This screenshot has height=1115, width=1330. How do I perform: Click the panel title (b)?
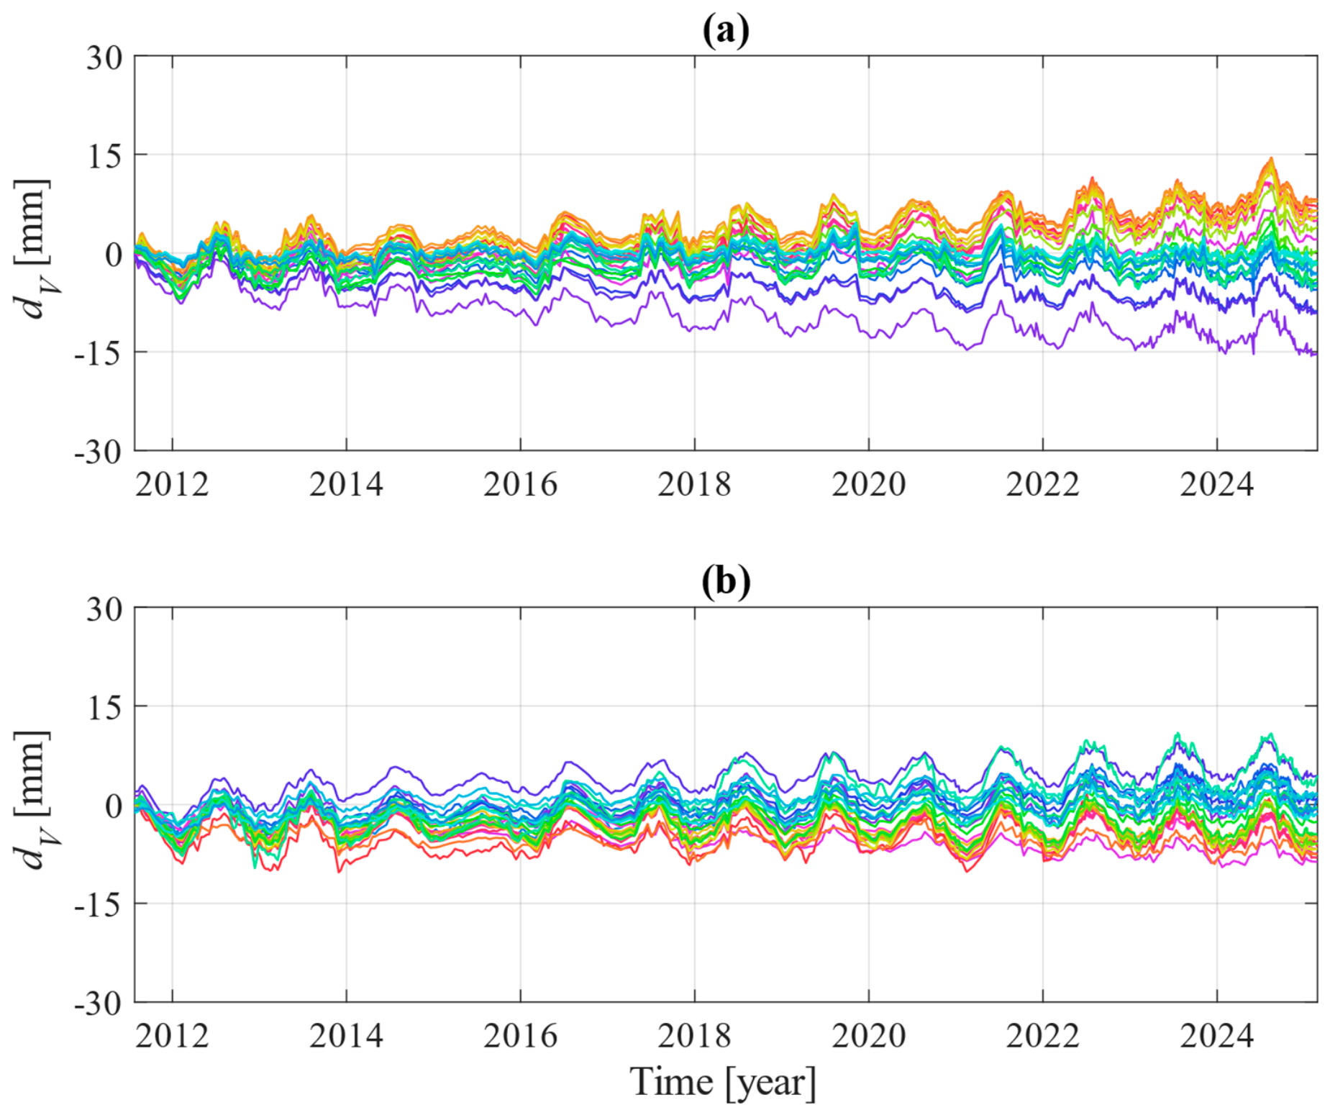(726, 581)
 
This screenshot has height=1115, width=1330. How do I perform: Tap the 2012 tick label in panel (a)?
(172, 484)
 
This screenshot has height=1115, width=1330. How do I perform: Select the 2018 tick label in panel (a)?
(695, 484)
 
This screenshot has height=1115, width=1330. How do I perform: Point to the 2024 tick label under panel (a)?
(1217, 484)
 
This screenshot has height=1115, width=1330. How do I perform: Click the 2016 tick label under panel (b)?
(521, 1036)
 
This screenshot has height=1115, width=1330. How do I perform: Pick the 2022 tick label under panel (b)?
(1043, 1036)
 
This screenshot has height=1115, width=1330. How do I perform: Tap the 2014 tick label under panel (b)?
(346, 1036)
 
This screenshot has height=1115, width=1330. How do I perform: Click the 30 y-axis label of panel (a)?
(105, 58)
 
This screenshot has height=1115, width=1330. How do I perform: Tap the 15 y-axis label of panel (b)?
(105, 708)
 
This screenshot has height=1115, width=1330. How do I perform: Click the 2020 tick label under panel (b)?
(869, 1036)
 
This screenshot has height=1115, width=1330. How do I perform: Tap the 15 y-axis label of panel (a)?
(105, 156)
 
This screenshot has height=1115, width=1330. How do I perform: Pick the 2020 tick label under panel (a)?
(869, 484)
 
